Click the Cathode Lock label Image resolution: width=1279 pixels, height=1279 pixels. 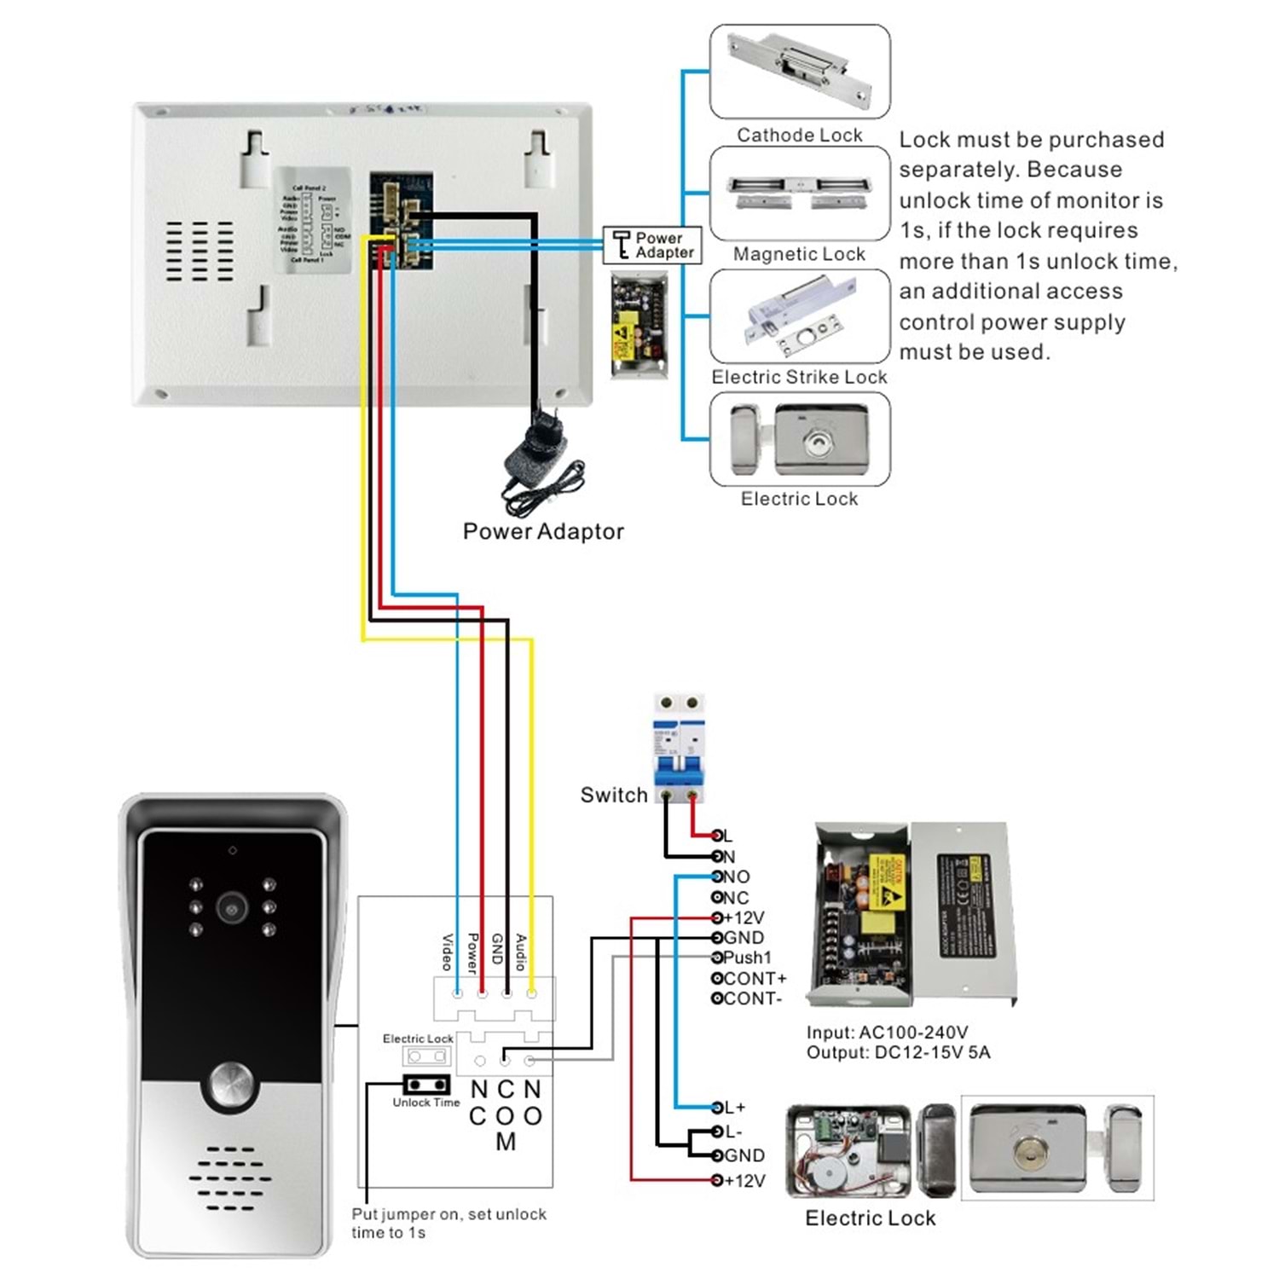point(799,135)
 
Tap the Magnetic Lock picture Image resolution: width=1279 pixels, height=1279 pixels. point(799,193)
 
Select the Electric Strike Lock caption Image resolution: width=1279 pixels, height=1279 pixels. point(799,377)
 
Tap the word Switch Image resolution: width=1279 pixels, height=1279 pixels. point(614,795)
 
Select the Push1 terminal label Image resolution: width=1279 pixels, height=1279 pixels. point(747,958)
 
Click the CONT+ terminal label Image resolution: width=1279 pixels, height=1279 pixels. point(754,978)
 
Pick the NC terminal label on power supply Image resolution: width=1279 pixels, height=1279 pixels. point(735,897)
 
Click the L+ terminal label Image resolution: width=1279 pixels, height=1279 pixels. point(733,1108)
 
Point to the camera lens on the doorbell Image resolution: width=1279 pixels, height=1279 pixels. point(231,907)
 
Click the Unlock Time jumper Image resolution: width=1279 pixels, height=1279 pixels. point(426,1085)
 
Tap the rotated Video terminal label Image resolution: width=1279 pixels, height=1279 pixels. point(447,952)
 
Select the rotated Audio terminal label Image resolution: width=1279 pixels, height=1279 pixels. point(522,952)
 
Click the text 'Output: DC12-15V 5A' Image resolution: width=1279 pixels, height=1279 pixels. point(898,1052)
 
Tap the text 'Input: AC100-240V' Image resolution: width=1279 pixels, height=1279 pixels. point(887,1033)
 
